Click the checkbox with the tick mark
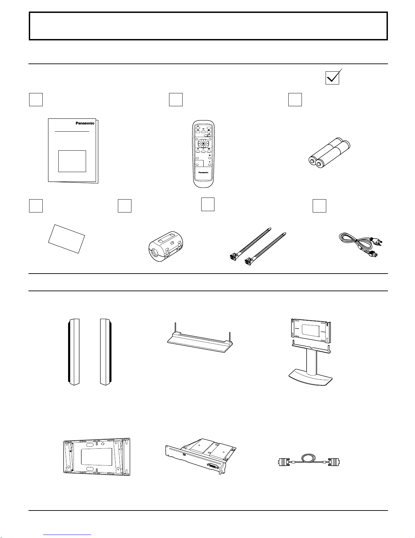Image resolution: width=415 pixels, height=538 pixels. tap(332, 78)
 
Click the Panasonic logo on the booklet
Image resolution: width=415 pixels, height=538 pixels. tap(85, 123)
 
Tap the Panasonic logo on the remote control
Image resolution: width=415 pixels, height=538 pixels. tap(203, 172)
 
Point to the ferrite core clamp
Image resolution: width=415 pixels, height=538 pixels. tap(166, 246)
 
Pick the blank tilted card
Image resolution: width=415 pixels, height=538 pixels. tap(66, 239)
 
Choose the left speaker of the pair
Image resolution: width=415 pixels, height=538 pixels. tap(74, 352)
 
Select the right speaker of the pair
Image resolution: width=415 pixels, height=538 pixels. tap(106, 352)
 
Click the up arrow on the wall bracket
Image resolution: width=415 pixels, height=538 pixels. tap(103, 443)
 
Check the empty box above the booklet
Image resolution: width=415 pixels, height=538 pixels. tap(36, 99)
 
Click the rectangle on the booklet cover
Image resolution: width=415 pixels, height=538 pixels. tap(72, 161)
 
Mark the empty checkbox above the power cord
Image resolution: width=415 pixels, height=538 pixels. tap(319, 206)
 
